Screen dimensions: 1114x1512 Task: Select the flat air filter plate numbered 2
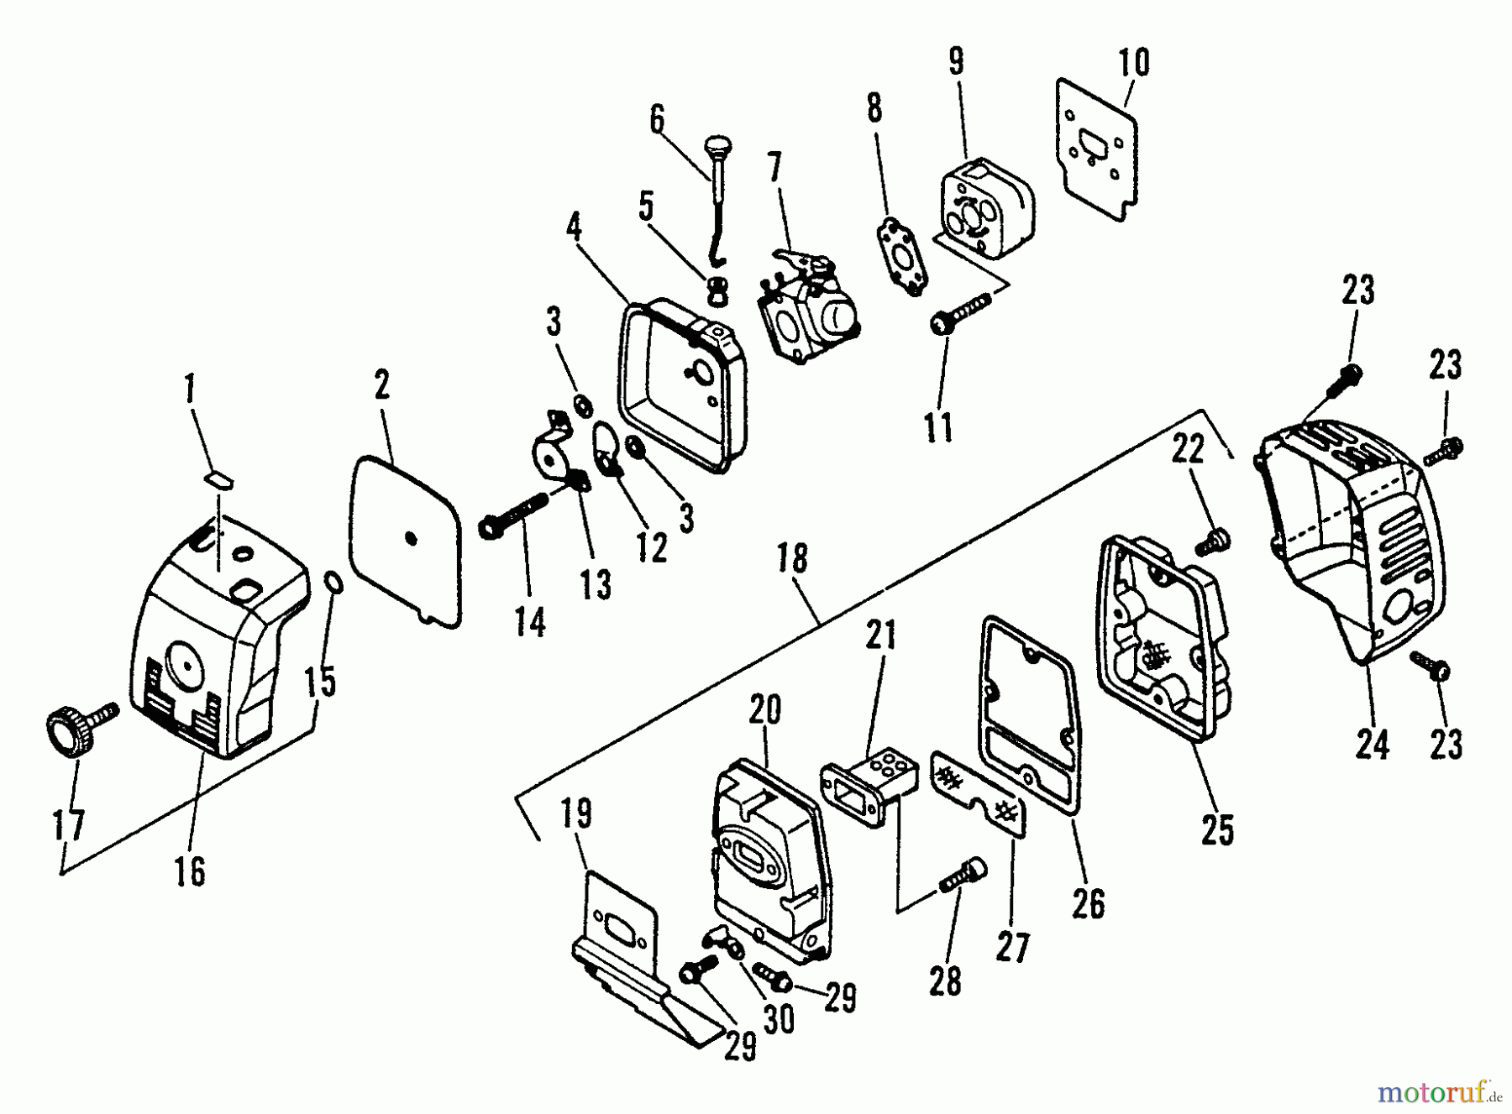point(406,537)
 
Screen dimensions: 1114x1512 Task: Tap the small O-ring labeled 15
point(333,582)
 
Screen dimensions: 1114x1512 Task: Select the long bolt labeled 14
point(512,515)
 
